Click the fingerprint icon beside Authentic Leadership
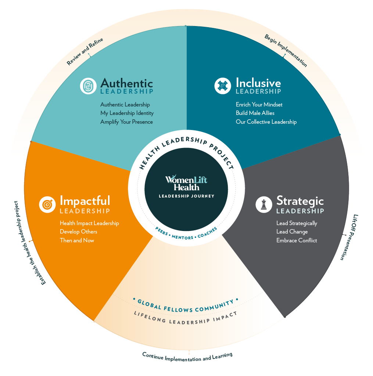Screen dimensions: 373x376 click(88, 86)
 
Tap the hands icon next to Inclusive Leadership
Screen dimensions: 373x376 click(223, 86)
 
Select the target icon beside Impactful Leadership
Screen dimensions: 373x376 click(47, 205)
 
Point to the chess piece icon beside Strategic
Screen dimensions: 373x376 click(264, 205)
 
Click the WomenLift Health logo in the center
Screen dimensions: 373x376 click(186, 183)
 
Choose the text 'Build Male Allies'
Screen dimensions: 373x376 click(255, 113)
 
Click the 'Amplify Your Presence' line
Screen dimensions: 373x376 click(126, 122)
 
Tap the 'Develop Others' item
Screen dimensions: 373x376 click(79, 232)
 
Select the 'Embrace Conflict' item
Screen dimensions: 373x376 click(297, 240)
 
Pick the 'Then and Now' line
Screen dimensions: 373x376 click(77, 240)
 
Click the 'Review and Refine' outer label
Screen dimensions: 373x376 click(85, 51)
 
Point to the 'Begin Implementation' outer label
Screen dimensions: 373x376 click(286, 51)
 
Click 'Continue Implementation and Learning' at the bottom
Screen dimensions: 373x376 click(187, 357)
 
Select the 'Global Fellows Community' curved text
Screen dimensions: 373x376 click(186, 306)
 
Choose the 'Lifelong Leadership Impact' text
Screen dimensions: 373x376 click(185, 318)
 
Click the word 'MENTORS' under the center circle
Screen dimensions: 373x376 click(182, 237)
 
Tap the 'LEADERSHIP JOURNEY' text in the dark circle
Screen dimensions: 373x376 click(187, 196)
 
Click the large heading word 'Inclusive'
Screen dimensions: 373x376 click(258, 83)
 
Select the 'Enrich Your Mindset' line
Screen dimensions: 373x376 click(259, 105)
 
